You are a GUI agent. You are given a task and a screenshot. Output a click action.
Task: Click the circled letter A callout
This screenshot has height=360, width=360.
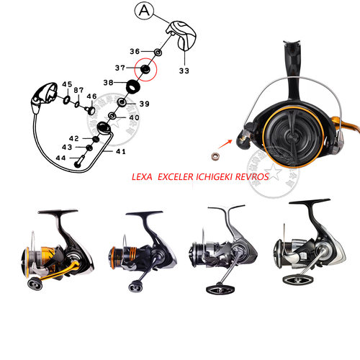(x=144, y=11)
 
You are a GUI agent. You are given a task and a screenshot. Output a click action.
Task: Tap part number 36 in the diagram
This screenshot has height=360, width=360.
(x=135, y=51)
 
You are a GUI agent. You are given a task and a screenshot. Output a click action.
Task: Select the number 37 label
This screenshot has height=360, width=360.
(x=120, y=68)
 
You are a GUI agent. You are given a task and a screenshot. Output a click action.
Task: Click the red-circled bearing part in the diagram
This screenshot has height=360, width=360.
(x=145, y=69)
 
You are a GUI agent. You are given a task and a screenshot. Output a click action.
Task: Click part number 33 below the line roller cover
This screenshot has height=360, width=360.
(x=184, y=71)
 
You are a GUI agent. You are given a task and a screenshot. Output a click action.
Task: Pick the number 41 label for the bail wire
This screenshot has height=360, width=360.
(x=121, y=151)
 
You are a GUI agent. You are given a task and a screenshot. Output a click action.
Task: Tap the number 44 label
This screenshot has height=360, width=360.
(x=60, y=158)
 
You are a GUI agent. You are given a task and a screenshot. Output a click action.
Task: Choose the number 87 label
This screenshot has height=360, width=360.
(x=78, y=90)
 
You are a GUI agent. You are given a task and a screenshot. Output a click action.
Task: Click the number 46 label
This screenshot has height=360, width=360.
(x=91, y=96)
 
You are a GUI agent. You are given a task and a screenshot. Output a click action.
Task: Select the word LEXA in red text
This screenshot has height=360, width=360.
(x=142, y=177)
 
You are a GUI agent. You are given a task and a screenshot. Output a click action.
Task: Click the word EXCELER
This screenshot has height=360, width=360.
(x=176, y=177)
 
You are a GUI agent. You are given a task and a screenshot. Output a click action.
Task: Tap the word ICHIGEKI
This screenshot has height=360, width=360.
(x=215, y=177)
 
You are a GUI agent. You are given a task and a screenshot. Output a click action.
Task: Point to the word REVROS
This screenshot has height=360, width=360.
(x=252, y=177)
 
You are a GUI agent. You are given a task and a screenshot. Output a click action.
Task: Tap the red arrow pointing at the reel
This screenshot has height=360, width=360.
(x=225, y=144)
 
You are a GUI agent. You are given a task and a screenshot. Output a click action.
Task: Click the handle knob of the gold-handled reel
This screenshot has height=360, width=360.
(x=35, y=284)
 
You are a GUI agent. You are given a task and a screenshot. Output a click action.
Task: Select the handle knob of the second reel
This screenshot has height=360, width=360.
(x=135, y=286)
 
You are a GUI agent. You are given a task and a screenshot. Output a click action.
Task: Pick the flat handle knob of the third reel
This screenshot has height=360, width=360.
(x=220, y=290)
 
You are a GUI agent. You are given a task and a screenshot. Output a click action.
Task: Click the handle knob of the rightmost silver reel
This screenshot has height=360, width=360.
(x=298, y=280)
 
